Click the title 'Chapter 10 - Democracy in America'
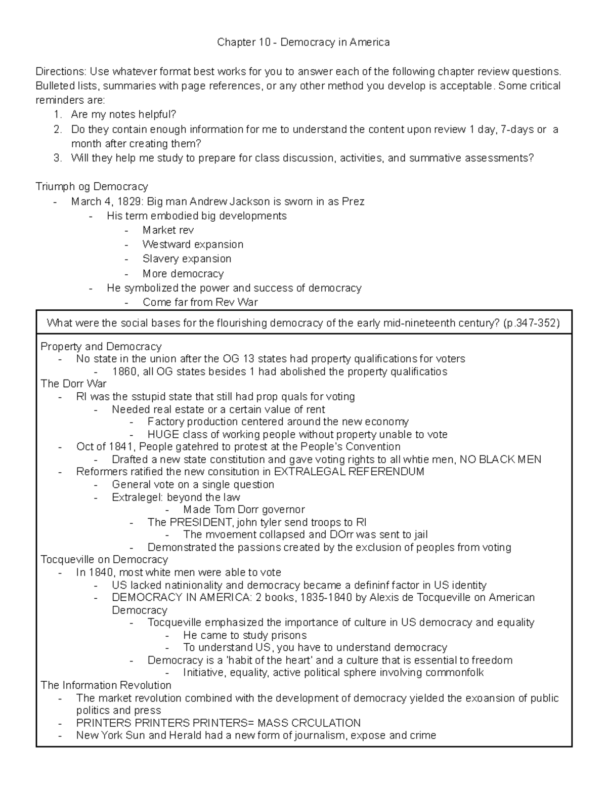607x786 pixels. coord(303,43)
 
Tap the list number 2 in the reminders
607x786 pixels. coord(57,130)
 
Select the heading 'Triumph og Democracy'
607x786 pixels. coord(92,187)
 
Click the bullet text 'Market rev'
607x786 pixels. coord(168,230)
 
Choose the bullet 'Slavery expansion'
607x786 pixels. coord(187,259)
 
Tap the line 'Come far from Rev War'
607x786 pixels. coord(200,303)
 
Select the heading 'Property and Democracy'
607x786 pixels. coord(101,347)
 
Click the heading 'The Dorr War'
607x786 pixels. coord(73,384)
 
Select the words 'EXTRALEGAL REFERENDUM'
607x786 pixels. coord(349,472)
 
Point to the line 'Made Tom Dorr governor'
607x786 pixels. coord(244,510)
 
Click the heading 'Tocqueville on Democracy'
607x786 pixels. coord(104,560)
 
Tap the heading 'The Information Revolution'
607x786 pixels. coord(106,685)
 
